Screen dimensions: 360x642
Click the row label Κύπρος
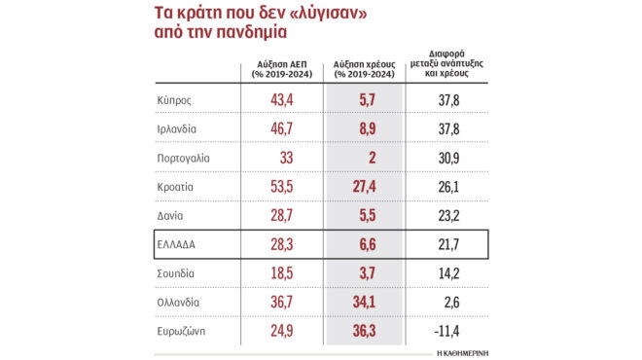[x=176, y=101]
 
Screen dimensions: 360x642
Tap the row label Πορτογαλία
[x=185, y=158]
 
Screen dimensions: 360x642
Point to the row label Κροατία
[x=179, y=186]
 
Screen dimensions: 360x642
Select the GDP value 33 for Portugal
[x=283, y=158]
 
